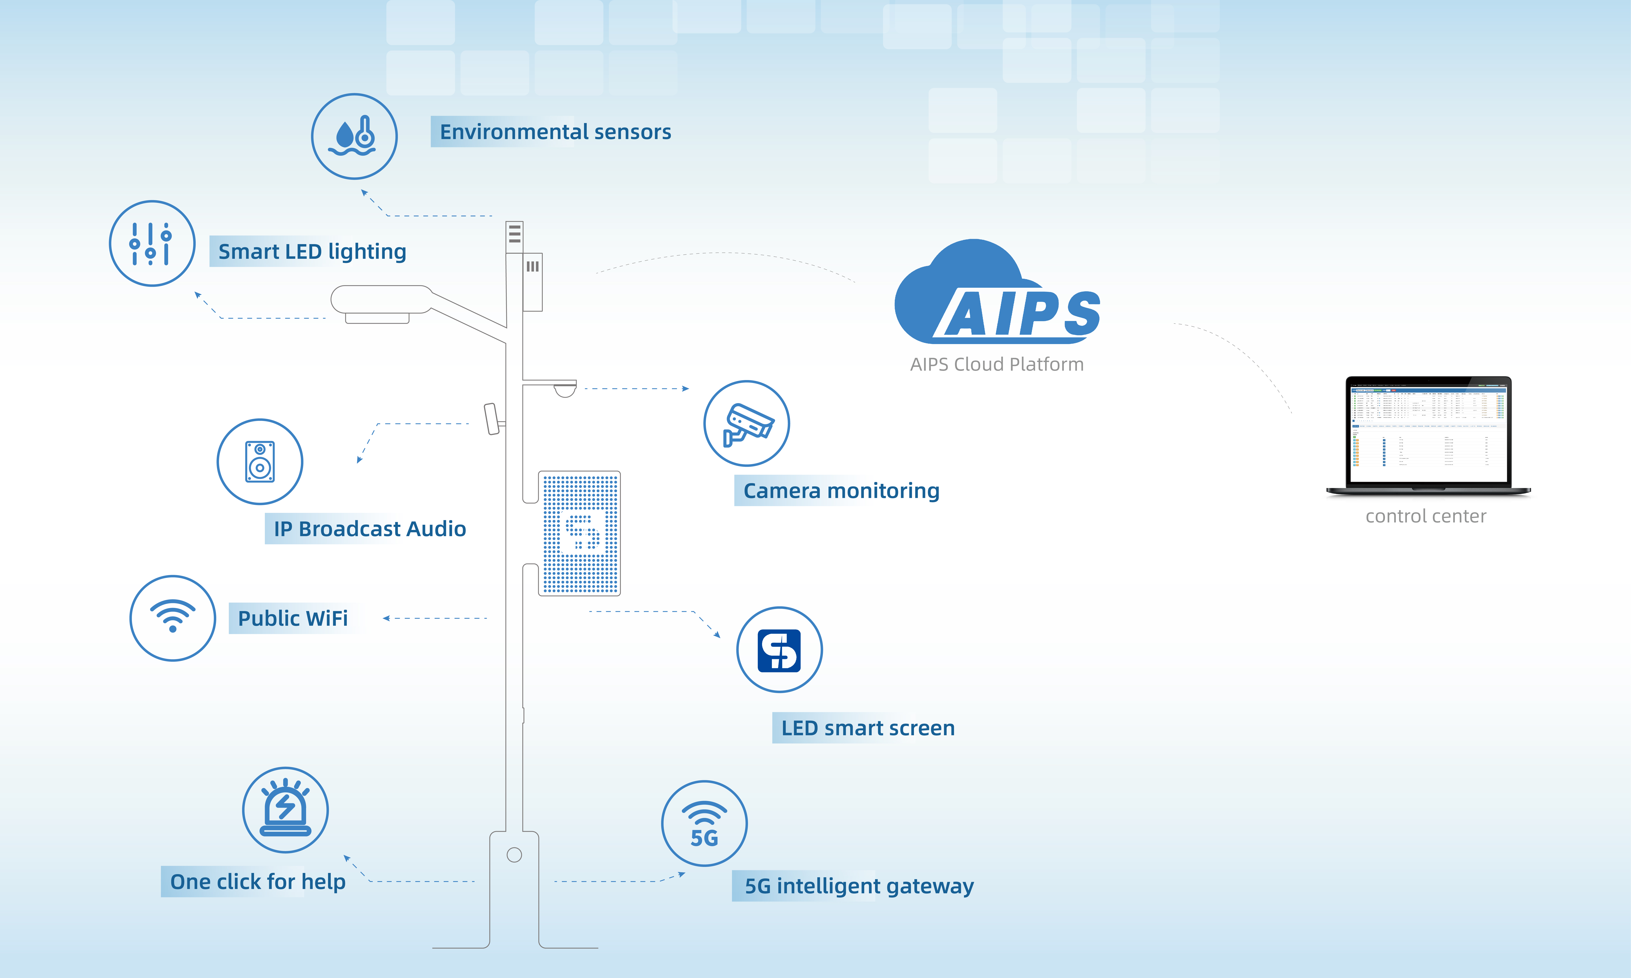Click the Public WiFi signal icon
tap(173, 618)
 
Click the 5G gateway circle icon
tap(704, 823)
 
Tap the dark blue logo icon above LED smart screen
tap(779, 650)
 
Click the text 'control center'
tap(1425, 516)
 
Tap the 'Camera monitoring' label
tap(841, 491)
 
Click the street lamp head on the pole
tap(381, 300)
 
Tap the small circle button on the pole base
tap(514, 855)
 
